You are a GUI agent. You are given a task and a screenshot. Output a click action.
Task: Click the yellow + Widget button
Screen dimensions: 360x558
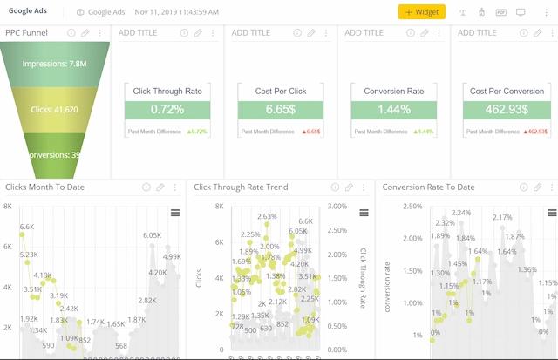(x=422, y=12)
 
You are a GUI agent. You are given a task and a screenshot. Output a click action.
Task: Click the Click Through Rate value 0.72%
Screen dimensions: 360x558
(x=167, y=110)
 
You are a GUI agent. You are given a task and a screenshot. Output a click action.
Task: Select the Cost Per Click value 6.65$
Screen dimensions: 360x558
(x=281, y=110)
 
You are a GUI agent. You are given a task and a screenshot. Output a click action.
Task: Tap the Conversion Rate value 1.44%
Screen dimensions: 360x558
(x=393, y=110)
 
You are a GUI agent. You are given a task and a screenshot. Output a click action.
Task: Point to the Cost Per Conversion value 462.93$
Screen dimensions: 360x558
(x=507, y=110)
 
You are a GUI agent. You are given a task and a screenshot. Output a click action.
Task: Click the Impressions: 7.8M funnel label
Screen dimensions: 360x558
(x=53, y=63)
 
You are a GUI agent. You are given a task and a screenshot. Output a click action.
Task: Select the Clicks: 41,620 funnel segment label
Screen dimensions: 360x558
(x=54, y=110)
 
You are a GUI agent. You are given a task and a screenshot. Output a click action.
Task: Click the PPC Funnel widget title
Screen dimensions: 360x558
(x=26, y=33)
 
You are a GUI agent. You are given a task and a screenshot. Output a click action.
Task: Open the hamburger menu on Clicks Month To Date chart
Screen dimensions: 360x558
(x=175, y=213)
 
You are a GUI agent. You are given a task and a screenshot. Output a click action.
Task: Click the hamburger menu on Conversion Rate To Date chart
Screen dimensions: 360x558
(x=551, y=213)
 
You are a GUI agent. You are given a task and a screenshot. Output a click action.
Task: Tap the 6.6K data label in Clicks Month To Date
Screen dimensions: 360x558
(x=27, y=227)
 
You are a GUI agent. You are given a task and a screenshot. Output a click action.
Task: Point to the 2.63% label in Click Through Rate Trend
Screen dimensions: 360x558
(x=267, y=216)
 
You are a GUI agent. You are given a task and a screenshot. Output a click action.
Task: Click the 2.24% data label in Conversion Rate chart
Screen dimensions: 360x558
(x=460, y=213)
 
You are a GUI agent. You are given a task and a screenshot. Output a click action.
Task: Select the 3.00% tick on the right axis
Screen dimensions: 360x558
(x=337, y=207)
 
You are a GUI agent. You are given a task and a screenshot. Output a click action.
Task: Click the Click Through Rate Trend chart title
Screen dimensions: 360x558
(x=241, y=187)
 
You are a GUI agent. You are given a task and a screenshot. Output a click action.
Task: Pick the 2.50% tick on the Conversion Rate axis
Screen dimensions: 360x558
(x=413, y=207)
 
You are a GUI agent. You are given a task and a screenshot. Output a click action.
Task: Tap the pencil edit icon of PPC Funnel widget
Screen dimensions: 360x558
(x=85, y=33)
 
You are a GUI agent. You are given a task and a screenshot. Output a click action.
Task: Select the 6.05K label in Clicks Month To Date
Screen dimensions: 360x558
(x=153, y=235)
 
